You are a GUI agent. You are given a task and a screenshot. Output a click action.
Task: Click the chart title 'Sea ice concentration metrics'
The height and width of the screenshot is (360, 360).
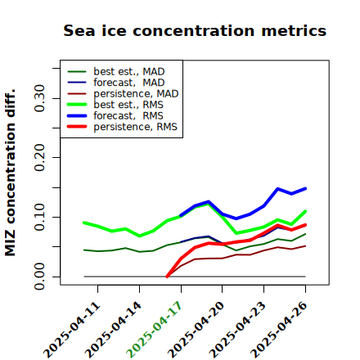click(x=195, y=30)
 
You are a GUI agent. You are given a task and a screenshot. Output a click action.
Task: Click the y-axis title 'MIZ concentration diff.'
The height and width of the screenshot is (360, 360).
click(x=10, y=173)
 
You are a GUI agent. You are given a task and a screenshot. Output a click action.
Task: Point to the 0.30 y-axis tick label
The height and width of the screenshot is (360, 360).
click(x=39, y=98)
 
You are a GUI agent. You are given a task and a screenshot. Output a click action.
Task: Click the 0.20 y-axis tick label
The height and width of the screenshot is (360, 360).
click(x=39, y=158)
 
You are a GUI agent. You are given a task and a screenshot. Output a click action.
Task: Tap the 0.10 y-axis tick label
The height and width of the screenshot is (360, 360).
click(x=39, y=217)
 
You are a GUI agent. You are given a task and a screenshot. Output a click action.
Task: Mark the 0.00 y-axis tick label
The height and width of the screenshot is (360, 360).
click(x=39, y=277)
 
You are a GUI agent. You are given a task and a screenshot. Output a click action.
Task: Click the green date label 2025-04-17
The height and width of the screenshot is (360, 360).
click(x=155, y=330)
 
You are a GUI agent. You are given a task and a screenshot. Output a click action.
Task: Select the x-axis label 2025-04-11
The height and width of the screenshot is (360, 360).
click(x=72, y=330)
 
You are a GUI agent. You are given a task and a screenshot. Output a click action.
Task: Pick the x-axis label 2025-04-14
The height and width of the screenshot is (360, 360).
click(x=113, y=330)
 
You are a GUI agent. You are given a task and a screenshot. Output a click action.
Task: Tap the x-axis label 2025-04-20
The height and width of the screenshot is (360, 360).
click(x=196, y=330)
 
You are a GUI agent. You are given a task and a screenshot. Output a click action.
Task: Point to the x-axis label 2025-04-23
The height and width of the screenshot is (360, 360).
click(x=237, y=330)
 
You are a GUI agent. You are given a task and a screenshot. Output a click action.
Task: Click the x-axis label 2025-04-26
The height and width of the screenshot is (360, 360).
click(x=279, y=330)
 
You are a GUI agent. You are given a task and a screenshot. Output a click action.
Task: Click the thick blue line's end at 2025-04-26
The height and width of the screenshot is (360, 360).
click(x=305, y=188)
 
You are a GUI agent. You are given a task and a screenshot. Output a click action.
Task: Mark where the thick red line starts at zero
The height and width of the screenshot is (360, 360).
click(x=167, y=277)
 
